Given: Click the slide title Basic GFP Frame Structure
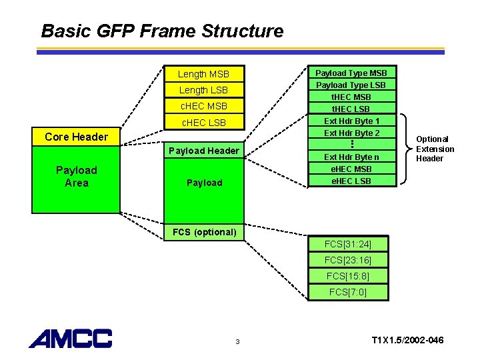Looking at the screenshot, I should point(162,31).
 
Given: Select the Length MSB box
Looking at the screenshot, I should point(203,74).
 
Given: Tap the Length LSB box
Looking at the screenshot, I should point(203,90).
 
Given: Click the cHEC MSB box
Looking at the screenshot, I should point(203,106).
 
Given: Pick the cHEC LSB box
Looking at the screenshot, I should point(203,123).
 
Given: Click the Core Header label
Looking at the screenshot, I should point(76,137).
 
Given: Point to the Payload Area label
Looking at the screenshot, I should point(76,177).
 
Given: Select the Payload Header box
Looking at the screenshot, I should point(203,151).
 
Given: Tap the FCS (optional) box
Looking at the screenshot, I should point(204,232).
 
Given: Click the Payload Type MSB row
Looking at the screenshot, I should point(351,73).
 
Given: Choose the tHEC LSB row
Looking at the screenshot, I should point(351,109).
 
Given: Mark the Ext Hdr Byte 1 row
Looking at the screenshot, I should point(351,121).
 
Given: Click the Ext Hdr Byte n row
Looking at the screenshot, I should point(351,157).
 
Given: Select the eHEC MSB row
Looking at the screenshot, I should point(351,169).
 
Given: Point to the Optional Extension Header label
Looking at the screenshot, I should point(435,149).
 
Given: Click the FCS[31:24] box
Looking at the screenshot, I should point(347,244).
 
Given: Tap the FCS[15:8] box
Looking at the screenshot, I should point(347,276).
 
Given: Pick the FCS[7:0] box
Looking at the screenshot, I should point(347,292).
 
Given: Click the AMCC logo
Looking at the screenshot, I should point(70,339).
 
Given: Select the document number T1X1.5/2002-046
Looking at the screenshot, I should point(407,341).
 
